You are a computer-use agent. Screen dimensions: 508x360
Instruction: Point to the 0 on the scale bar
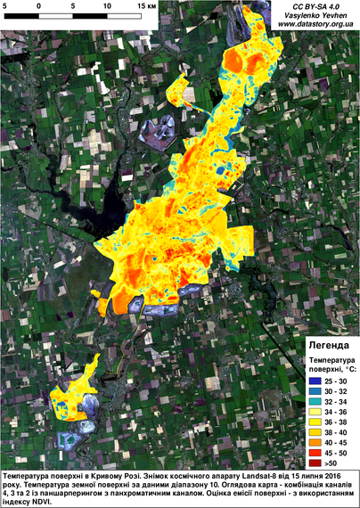click(x=39, y=5)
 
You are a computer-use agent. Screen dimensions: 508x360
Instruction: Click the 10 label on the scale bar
click(x=106, y=5)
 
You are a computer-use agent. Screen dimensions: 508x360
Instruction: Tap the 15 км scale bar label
click(x=146, y=5)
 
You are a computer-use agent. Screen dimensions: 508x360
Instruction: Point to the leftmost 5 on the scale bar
click(x=5, y=5)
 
